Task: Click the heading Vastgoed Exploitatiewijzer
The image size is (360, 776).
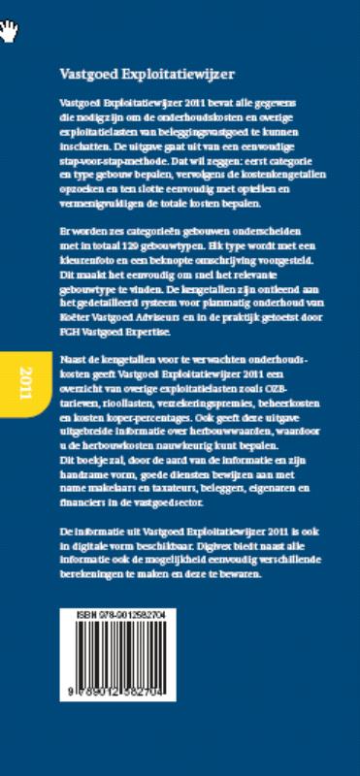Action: point(147,74)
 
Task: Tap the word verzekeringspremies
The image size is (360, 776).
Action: point(199,386)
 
